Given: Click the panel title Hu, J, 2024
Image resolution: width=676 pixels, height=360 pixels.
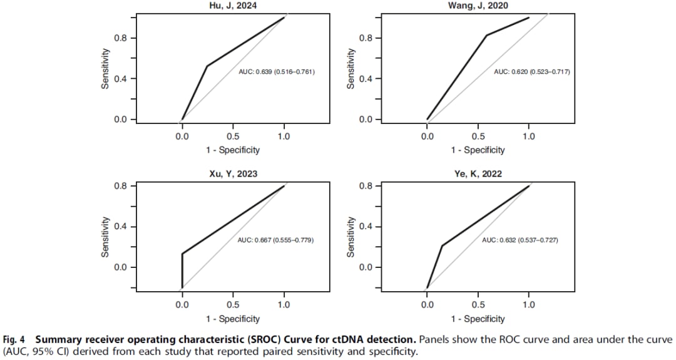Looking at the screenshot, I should (x=233, y=6).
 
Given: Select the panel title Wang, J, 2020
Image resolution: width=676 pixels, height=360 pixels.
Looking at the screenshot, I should (x=478, y=6).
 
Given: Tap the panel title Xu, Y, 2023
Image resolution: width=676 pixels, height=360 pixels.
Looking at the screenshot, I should (x=233, y=173).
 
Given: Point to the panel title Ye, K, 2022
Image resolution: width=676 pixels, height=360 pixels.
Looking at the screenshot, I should (x=478, y=173).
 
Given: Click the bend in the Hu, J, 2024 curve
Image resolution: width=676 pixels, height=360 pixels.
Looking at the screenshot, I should (x=207, y=66).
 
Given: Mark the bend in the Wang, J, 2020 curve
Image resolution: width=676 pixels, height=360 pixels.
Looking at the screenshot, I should (x=486, y=35).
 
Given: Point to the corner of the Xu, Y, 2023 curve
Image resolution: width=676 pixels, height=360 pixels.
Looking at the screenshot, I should (x=182, y=254).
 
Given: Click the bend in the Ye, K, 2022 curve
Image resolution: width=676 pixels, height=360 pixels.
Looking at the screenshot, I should (x=442, y=245).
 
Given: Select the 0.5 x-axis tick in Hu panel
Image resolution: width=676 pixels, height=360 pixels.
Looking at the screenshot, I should (x=233, y=136).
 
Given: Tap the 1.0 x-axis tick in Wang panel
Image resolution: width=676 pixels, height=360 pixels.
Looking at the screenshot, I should (x=529, y=136).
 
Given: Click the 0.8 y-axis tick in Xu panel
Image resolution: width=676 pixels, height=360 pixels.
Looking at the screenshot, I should (x=119, y=186).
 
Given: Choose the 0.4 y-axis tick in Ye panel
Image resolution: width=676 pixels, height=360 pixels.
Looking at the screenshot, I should (x=364, y=227).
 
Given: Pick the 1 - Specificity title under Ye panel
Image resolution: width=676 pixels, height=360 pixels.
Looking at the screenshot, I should (x=478, y=319).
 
